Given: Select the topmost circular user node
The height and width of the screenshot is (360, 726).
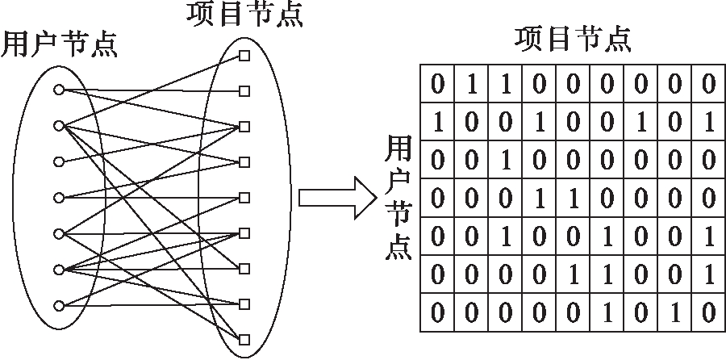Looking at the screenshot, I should tap(58, 89).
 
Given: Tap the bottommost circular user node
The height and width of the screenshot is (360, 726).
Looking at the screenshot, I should tap(58, 305).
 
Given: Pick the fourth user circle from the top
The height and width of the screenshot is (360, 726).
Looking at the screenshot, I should tap(58, 197).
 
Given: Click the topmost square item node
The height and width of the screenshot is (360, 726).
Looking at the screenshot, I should tap(244, 56).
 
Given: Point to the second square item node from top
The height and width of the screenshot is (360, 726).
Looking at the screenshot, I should tap(244, 91).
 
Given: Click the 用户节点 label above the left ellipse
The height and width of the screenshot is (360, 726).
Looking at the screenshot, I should tap(60, 44).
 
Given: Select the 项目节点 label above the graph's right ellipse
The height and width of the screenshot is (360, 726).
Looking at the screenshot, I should tap(244, 15).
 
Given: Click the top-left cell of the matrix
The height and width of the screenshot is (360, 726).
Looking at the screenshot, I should tap(437, 83).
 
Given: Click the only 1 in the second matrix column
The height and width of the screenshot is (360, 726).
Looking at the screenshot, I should tap(471, 83).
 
